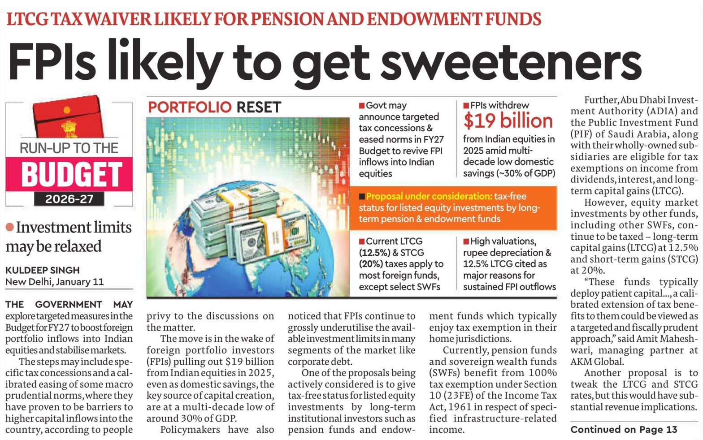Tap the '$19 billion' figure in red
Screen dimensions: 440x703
(x=508, y=121)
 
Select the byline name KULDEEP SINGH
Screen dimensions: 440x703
(x=43, y=270)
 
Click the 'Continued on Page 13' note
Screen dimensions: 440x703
(x=624, y=429)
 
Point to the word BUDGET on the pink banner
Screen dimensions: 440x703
(x=71, y=174)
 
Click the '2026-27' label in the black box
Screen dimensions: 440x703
(x=69, y=199)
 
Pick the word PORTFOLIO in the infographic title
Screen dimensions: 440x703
(x=190, y=108)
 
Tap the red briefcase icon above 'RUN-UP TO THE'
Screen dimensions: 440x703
(x=66, y=117)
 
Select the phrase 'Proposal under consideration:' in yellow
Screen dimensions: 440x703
(x=429, y=196)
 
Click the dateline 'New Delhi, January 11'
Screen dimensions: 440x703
(x=55, y=282)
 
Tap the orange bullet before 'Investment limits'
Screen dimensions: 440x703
(x=9, y=227)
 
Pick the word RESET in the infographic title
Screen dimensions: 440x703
(x=259, y=108)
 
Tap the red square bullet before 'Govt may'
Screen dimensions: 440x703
(x=361, y=106)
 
